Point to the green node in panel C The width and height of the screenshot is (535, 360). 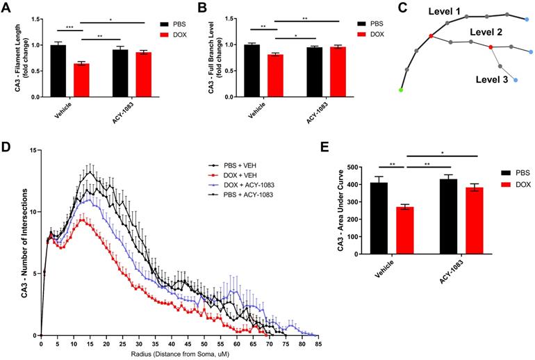(x=401, y=90)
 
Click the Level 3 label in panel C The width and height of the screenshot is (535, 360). (x=491, y=81)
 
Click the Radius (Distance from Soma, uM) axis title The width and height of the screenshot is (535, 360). (x=179, y=355)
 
